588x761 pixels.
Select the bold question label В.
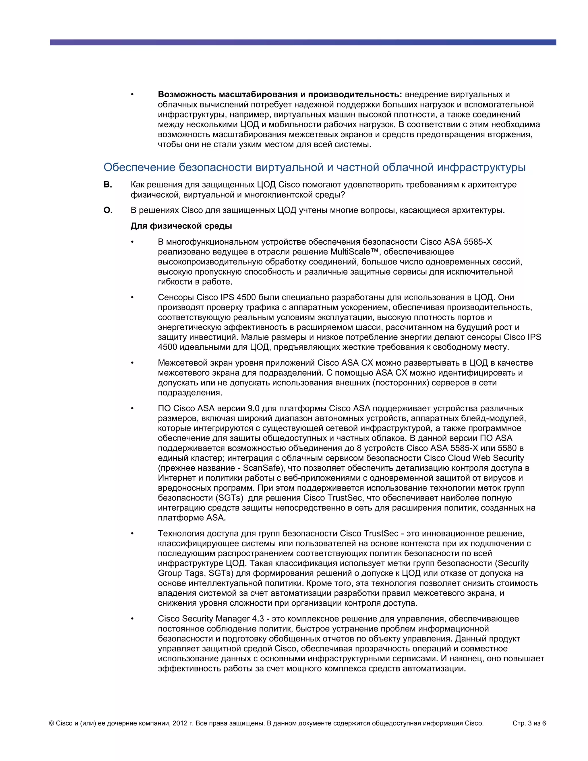click(x=108, y=185)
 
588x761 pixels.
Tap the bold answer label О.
click(x=108, y=210)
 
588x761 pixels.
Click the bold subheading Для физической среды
click(x=181, y=226)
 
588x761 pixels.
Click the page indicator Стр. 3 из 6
click(x=529, y=723)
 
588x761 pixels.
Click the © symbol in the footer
click(x=52, y=723)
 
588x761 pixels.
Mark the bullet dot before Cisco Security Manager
click(x=132, y=619)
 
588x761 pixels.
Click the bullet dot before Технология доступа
click(x=132, y=534)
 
